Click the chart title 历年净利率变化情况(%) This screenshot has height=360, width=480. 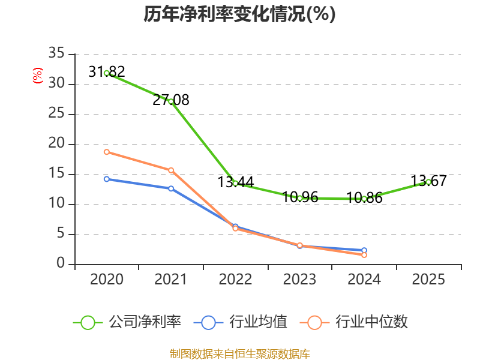coord(239,14)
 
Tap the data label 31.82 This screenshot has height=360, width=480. coord(107,71)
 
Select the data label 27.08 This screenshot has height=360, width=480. coord(171,100)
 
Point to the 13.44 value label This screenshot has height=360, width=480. coord(235,182)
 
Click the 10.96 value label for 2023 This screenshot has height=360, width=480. coord(299,197)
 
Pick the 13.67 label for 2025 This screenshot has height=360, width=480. coord(428,181)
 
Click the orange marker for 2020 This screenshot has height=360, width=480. coord(107,152)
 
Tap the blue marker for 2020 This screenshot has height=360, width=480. coord(107,179)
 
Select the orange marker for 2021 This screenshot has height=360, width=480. coord(171,170)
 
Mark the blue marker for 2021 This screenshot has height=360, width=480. coord(171,188)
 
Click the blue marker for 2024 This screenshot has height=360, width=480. coord(364,250)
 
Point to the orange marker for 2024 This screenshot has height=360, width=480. coord(364,255)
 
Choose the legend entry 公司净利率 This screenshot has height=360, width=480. coord(127,322)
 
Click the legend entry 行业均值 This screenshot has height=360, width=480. coord(241,322)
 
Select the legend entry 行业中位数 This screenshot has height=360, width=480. coord(353,322)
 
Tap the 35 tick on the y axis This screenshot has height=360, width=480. coord(56,53)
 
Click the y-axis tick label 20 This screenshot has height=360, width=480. coord(56,143)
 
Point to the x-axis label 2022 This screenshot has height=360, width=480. coord(235,279)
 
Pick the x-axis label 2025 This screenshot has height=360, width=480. coord(428,279)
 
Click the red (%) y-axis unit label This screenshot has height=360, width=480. coord(38,76)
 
